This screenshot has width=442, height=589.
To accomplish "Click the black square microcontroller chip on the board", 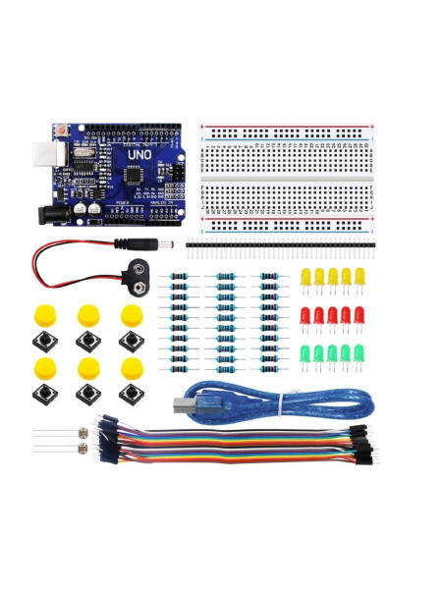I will (130, 175).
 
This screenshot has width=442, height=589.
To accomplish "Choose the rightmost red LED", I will (359, 316).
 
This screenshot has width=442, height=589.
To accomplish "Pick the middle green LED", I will (332, 353).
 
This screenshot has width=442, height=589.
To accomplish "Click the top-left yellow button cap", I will (43, 316).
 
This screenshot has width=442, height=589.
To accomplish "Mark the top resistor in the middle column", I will (225, 278).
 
